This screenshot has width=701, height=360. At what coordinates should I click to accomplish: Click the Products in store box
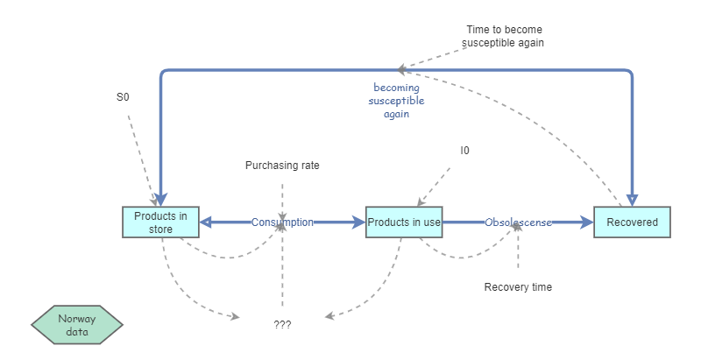tap(160, 222)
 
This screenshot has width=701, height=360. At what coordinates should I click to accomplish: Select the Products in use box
tap(403, 222)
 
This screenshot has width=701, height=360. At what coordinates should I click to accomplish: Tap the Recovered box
tap(632, 222)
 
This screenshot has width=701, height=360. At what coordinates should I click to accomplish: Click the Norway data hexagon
tap(77, 325)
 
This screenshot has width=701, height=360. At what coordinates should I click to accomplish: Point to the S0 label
tap(123, 97)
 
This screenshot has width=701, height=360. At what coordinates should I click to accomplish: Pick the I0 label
tap(465, 151)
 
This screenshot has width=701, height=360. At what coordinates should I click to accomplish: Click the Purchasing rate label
tap(282, 165)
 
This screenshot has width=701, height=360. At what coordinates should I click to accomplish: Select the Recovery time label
tap(518, 286)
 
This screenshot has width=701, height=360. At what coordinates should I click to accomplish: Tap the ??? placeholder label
tap(282, 324)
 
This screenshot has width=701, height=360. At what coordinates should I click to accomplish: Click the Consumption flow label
tap(282, 222)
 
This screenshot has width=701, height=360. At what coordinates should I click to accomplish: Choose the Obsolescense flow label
tap(518, 222)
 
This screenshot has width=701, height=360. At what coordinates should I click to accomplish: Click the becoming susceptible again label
tap(396, 101)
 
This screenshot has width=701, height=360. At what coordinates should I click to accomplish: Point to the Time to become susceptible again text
tap(511, 36)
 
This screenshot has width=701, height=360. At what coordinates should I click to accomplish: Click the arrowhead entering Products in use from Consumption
tap(359, 222)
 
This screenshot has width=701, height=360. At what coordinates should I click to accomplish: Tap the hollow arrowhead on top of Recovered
tap(632, 200)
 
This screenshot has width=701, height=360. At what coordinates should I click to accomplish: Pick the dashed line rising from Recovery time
tap(518, 250)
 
